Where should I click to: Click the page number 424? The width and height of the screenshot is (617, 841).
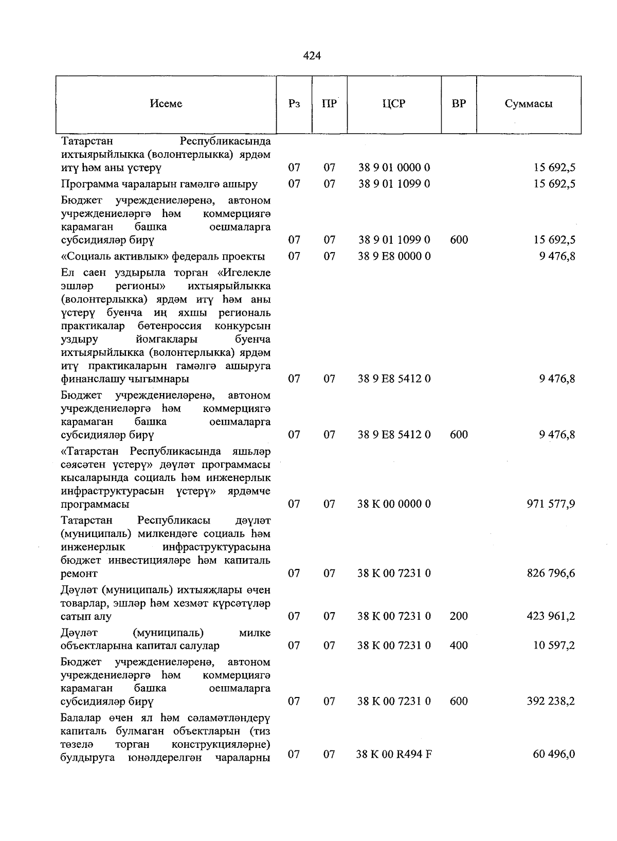[x=312, y=56]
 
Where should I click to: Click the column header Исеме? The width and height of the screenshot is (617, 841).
[x=166, y=104]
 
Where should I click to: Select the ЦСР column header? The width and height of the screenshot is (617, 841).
[x=394, y=104]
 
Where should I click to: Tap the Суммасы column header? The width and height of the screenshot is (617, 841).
[x=529, y=104]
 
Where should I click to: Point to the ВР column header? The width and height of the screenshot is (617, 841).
[x=459, y=104]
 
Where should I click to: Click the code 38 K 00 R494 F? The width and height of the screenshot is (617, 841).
[x=394, y=755]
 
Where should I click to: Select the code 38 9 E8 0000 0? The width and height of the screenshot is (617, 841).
[x=394, y=256]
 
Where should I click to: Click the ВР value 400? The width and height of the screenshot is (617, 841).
[x=459, y=646]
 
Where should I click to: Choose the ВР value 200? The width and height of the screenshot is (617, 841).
[x=459, y=616]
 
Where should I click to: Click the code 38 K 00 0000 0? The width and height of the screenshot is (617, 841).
[x=394, y=504]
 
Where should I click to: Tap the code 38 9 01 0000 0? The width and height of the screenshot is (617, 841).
[x=394, y=168]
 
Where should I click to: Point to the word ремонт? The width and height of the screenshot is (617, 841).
[x=79, y=574]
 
